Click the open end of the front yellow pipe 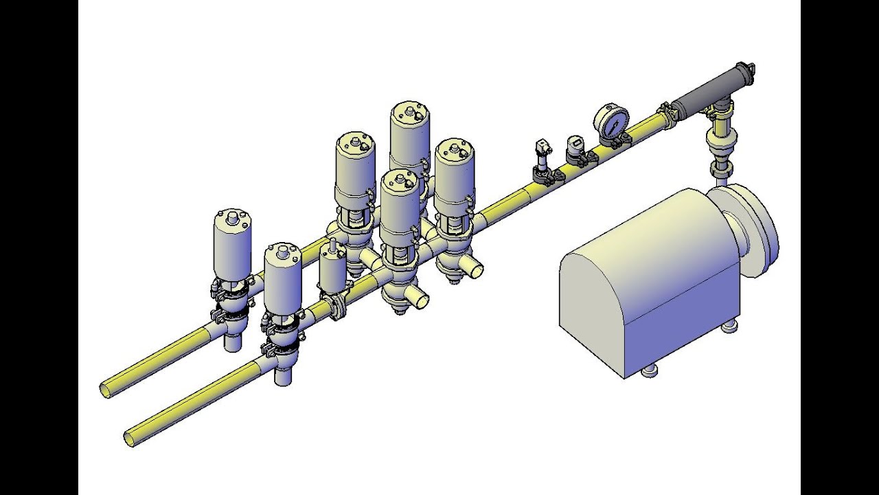(x=130, y=437)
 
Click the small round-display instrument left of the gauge (x=574, y=145)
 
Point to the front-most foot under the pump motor (x=648, y=371)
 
